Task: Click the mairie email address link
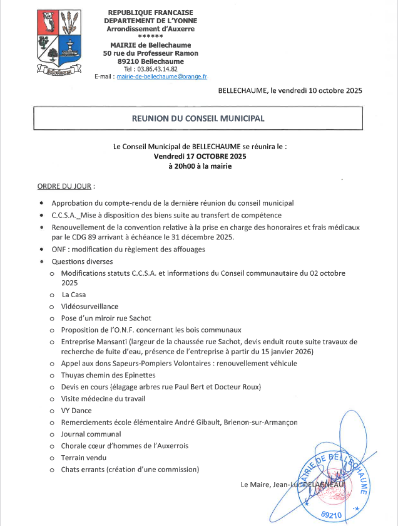[x=161, y=76]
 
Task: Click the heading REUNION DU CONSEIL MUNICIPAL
[x=198, y=118]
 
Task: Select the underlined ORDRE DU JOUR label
[x=66, y=187]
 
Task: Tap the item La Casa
[x=73, y=294]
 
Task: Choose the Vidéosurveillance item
[x=89, y=307]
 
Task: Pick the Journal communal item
[x=91, y=434]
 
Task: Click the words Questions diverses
[x=82, y=261]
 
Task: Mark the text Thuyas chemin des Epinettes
[x=108, y=376]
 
